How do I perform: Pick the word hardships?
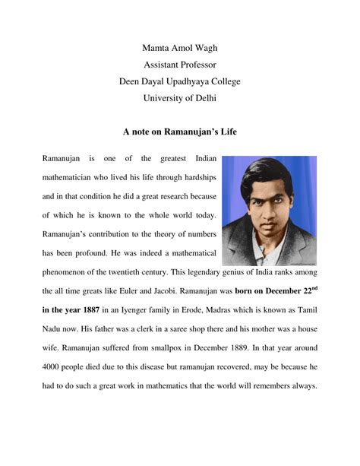click(197, 176)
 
